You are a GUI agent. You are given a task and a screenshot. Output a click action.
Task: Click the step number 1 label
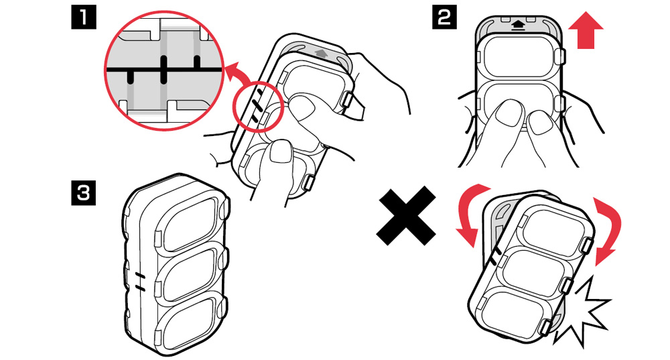(x=83, y=17)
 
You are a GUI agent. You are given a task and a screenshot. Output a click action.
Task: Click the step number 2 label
(x=444, y=17)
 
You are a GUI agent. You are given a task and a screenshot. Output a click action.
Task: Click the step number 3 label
(x=83, y=193)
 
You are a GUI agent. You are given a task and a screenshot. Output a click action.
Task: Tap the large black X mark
(x=407, y=215)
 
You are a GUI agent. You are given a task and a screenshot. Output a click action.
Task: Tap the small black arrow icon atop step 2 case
(x=518, y=25)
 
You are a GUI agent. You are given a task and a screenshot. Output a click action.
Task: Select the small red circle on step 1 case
(x=258, y=106)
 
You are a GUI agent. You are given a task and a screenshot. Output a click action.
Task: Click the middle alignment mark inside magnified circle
(x=163, y=69)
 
